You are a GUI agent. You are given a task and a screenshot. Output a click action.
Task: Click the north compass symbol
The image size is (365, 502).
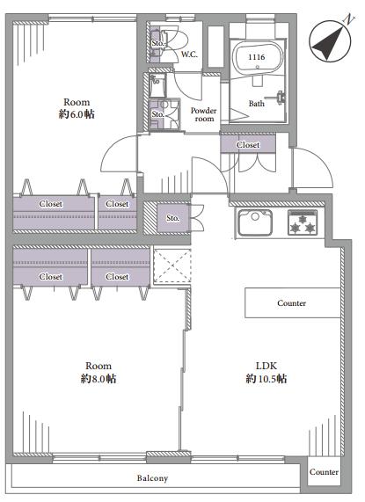pyautogui.click(x=330, y=40)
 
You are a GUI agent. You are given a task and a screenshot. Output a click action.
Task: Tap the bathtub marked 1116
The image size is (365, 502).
pyautogui.click(x=258, y=57)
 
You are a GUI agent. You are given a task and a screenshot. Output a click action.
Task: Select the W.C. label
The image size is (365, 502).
pyautogui.click(x=189, y=55)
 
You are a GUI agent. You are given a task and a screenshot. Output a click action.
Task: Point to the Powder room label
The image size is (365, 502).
pyautogui.click(x=204, y=114)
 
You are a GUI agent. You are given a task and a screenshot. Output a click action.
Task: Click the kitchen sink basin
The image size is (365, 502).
pyautogui.click(x=255, y=222)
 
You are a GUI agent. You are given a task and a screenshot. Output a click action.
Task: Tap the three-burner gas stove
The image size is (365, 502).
pyautogui.click(x=303, y=222)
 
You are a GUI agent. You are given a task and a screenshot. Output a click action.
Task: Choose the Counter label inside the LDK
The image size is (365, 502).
pyautogui.click(x=291, y=302)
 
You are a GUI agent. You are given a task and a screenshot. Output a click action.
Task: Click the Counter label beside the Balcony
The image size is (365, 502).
pyautogui.click(x=324, y=472)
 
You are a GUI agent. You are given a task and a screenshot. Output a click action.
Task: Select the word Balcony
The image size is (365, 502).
pyautogui.click(x=152, y=478)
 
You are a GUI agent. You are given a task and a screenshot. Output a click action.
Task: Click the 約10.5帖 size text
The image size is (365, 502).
pyautogui.click(x=266, y=379)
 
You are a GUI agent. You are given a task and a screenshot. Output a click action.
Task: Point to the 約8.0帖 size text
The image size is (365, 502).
pyautogui.click(x=98, y=379)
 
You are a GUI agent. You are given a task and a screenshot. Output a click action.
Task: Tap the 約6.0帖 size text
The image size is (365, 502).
pyautogui.click(x=77, y=114)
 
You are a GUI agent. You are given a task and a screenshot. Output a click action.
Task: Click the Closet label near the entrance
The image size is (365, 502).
pyautogui.click(x=248, y=145)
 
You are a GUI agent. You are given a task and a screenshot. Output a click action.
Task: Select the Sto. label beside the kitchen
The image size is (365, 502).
pyautogui.click(x=172, y=218)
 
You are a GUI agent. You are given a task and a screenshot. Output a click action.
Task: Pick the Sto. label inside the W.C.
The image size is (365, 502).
pyautogui.click(x=157, y=43)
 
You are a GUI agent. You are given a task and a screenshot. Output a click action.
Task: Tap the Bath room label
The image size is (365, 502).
pyautogui.click(x=257, y=104)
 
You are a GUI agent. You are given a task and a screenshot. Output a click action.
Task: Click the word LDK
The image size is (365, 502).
pyautogui.click(x=266, y=366)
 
